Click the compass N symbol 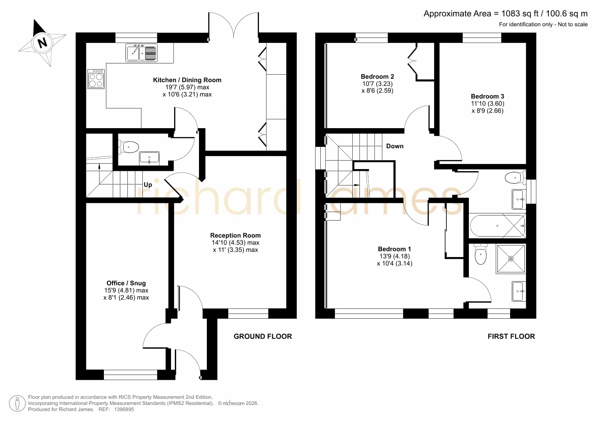click(x=42, y=43)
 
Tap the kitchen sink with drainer click(x=141, y=53)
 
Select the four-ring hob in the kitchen click(x=96, y=79)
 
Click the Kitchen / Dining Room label click(x=187, y=80)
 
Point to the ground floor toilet click(x=128, y=147)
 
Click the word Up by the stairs click(x=148, y=185)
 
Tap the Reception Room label click(x=235, y=236)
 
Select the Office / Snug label click(x=126, y=283)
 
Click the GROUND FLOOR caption click(x=263, y=336)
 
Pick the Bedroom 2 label click(x=378, y=77)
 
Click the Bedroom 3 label click(x=488, y=96)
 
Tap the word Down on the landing click(x=395, y=146)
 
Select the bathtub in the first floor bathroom click(x=497, y=226)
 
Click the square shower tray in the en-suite click(x=511, y=259)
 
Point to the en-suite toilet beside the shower click(x=480, y=254)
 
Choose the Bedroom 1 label click(x=395, y=249)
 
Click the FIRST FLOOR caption click(x=511, y=336)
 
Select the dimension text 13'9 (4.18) click(x=395, y=256)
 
